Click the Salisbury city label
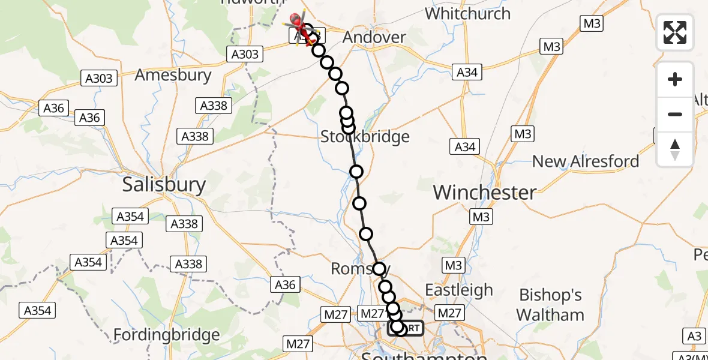point(164,184)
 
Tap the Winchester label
point(484,193)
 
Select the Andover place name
point(374,37)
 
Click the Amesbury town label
point(173,75)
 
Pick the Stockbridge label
point(365,137)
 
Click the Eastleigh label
point(458,290)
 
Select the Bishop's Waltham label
point(550,305)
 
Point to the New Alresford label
point(586,161)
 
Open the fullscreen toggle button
point(675,32)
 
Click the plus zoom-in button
point(675,79)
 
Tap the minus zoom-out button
point(675,114)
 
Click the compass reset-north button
point(675,149)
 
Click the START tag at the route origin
point(406,328)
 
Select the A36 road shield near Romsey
point(285,284)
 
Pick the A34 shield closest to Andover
point(467,72)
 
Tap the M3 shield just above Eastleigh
point(453,265)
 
